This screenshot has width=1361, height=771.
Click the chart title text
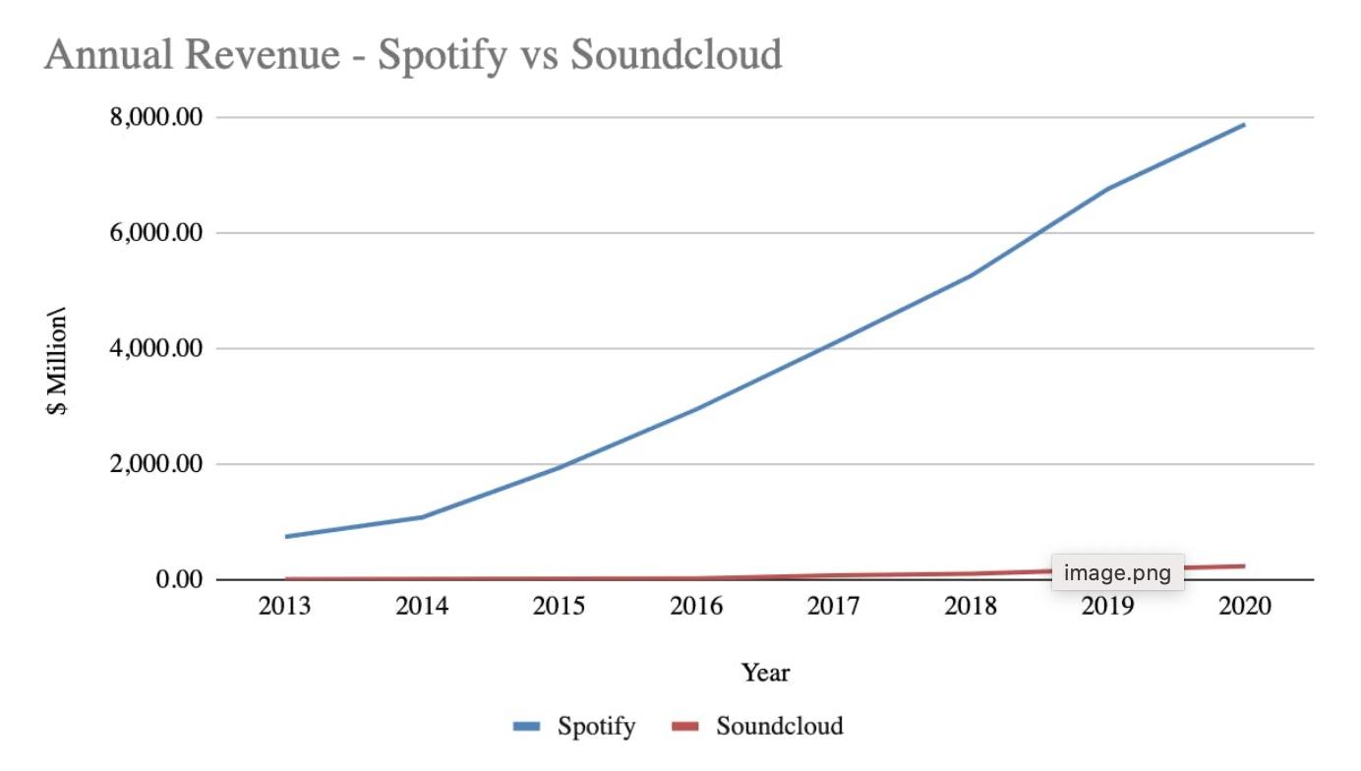click(413, 54)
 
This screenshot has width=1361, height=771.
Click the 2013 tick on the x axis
click(284, 606)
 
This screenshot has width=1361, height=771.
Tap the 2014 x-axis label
click(422, 606)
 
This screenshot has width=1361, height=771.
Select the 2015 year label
click(559, 606)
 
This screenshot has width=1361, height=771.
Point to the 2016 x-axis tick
click(696, 606)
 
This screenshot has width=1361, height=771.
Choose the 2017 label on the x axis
click(833, 606)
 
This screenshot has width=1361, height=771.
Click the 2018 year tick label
click(971, 606)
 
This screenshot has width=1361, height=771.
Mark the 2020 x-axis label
click(1245, 606)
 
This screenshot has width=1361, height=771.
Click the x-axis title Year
click(765, 674)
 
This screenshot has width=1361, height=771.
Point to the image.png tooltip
click(1117, 573)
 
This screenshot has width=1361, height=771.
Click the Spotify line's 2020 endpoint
click(1244, 125)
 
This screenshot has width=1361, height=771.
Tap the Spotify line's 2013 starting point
click(285, 536)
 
